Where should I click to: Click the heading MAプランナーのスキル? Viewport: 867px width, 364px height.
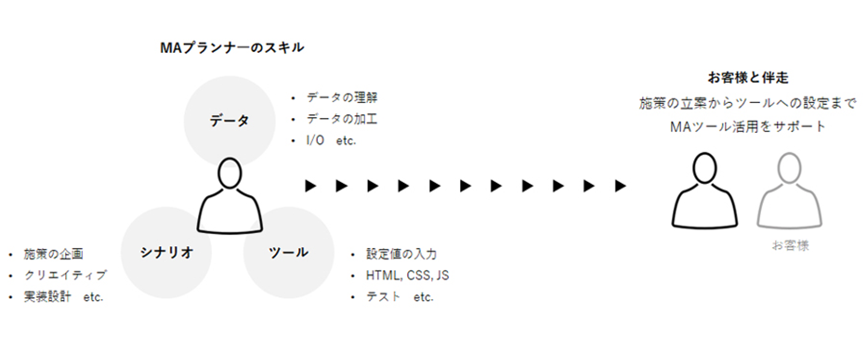coord(232,48)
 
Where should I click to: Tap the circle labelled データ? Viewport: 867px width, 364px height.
coord(229,120)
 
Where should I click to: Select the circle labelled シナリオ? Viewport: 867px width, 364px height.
coord(166,253)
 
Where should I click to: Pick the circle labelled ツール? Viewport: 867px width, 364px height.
coord(288,253)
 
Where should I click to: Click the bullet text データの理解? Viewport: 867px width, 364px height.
coord(341,97)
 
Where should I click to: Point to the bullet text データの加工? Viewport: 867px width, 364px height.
coord(341,119)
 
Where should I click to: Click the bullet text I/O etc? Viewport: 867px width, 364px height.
coord(331,141)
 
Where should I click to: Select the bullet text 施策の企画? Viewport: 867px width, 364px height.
coord(53,254)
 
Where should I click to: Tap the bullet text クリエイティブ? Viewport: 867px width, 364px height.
coord(65,276)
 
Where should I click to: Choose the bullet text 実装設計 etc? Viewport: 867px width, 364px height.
coord(63,297)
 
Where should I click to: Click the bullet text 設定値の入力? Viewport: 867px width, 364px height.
coord(401,254)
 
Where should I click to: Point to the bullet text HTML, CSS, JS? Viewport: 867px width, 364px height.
coord(407,276)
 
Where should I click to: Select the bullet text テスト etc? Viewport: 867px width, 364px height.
coord(399,297)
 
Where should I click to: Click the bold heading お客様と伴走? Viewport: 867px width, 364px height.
coord(748,78)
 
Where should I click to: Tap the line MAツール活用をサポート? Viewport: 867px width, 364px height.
coord(748,127)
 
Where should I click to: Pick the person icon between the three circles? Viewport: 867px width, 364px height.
coord(230,195)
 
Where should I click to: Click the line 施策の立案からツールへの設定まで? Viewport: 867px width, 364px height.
coord(748,103)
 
